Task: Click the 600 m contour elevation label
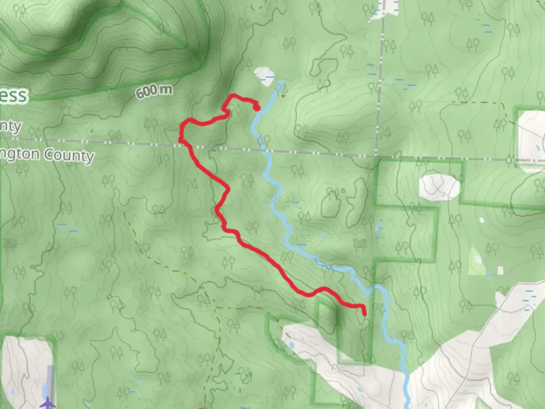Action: tap(154, 91)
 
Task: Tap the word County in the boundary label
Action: tap(69, 155)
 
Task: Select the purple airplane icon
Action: tap(47, 402)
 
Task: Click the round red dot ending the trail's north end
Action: tap(257, 108)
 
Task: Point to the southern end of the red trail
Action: tap(364, 314)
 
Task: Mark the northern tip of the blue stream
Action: tap(282, 81)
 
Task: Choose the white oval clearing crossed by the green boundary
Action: tap(439, 186)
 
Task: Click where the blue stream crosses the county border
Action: tap(267, 151)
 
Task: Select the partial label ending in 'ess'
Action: tap(14, 95)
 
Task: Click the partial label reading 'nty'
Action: tap(10, 125)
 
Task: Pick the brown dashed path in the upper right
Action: tap(481, 103)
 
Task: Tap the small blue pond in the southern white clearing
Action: tap(291, 345)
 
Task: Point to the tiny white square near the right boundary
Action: tap(481, 220)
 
